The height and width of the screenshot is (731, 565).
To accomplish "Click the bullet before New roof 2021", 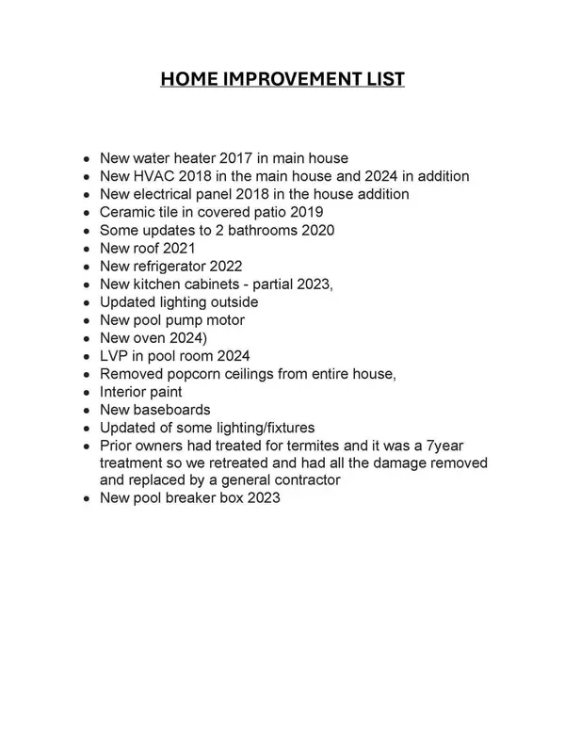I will click(87, 249).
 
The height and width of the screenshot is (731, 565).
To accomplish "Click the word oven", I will click(149, 338).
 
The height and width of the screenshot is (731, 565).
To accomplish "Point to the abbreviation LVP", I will click(115, 356).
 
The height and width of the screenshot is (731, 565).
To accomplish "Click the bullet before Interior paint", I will click(87, 393).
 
